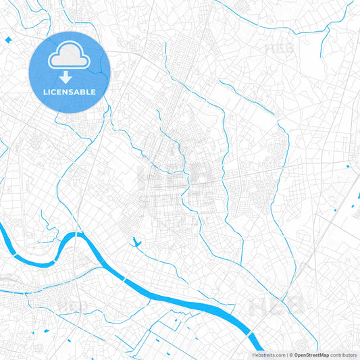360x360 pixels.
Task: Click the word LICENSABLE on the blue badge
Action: coord(70,91)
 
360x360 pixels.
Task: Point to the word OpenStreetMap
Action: coord(311,355)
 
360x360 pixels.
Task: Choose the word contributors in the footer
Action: coord(343,355)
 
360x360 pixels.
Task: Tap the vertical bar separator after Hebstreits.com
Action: coord(286,355)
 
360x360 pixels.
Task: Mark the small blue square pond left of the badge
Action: coord(8,41)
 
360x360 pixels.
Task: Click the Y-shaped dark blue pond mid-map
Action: coord(137,240)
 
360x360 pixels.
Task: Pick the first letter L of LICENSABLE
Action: coord(45,91)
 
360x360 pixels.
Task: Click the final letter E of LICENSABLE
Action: coord(93,91)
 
